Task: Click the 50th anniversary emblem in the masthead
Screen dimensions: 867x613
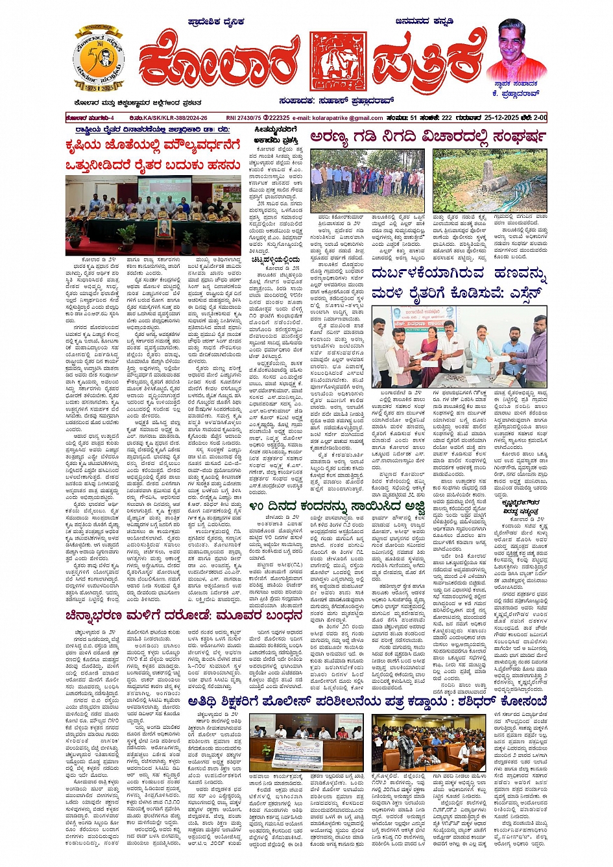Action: (x=98, y=59)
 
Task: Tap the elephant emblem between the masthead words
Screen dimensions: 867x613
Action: (x=337, y=62)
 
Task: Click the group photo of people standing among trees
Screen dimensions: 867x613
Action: (x=367, y=180)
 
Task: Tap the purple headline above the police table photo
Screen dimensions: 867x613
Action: (x=367, y=702)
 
